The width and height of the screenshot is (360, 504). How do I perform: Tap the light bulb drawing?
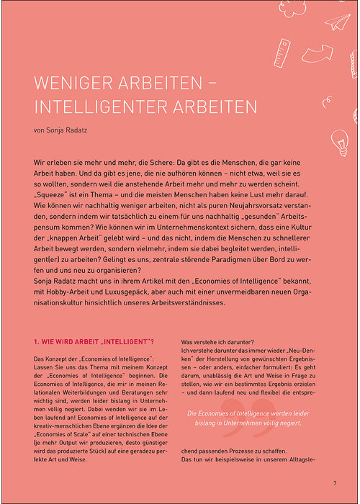pos(338,140)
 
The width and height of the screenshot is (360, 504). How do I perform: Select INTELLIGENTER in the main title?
pos(106,107)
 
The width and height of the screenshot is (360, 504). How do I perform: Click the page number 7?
pos(335,482)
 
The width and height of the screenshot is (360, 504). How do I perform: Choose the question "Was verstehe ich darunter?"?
pos(221,323)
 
